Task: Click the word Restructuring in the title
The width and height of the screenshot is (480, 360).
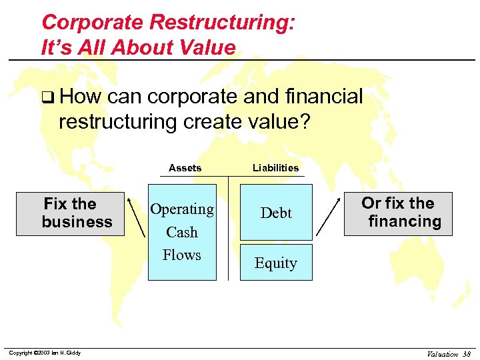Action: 222,22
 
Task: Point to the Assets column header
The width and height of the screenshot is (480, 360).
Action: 185,168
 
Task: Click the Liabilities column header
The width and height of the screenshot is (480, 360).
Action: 275,168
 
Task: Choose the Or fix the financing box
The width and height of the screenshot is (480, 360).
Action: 398,213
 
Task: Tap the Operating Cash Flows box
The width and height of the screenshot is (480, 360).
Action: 182,231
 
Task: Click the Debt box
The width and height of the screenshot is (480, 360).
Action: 276,213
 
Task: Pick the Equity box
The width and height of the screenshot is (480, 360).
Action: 276,263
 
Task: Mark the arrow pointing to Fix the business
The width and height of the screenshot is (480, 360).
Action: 137,216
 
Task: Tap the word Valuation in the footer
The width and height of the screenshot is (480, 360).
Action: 443,354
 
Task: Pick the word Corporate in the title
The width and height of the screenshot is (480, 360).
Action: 93,22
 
